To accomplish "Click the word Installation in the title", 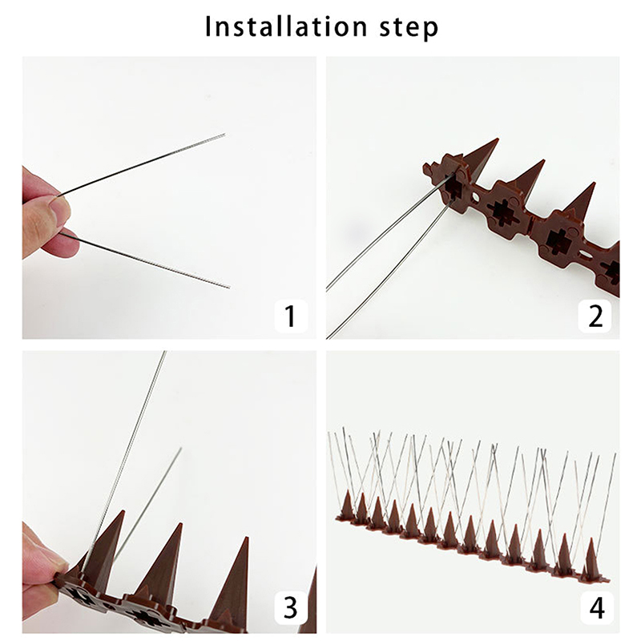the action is click(286, 26).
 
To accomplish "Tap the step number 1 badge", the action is click(291, 316).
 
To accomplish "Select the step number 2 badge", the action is click(595, 316).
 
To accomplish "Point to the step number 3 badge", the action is click(291, 607).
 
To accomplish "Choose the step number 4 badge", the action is click(597, 607).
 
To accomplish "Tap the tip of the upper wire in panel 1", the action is click(224, 134).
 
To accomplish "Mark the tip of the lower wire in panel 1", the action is click(229, 288).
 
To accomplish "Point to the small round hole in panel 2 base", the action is click(475, 198).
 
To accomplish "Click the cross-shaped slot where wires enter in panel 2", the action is click(453, 186).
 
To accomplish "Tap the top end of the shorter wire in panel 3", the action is click(181, 449).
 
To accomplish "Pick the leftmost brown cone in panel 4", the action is click(348, 505).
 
